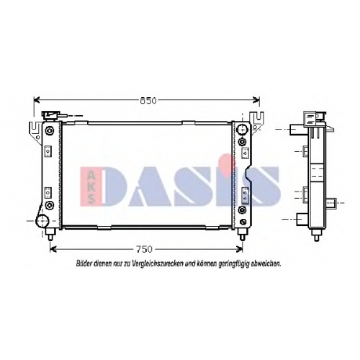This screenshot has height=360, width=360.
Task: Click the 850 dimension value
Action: pos(148,101)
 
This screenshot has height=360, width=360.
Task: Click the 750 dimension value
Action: pos(144,249)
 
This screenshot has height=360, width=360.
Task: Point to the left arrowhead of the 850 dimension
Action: pos(37,100)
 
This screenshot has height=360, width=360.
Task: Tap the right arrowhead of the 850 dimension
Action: pos(256,100)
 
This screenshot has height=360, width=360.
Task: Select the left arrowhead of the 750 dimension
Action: pos(53,249)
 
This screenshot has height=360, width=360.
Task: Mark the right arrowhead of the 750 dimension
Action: pos(240,249)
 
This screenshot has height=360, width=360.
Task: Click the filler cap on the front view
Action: pos(51,115)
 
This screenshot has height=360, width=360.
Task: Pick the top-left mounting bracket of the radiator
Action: pos(35,131)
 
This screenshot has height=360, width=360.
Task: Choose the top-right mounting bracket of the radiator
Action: pos(257,121)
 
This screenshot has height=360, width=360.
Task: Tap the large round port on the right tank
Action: pos(242,130)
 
